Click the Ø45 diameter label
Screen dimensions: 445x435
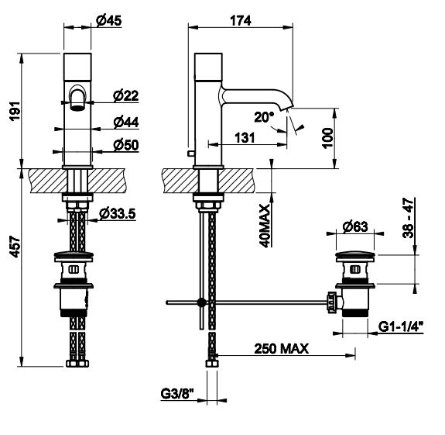[x=108, y=20]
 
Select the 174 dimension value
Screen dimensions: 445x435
[x=241, y=20]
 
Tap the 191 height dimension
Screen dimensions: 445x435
[x=15, y=111]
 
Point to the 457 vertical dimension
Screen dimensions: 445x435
[x=15, y=247]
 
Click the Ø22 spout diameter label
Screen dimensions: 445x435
[x=125, y=95]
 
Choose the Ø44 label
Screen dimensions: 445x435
[x=126, y=123]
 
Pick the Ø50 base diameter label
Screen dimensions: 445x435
[x=126, y=145]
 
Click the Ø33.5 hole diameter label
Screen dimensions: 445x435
[x=118, y=213]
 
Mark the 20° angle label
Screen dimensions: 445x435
[x=264, y=117]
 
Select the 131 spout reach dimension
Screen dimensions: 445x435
[x=245, y=138]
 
